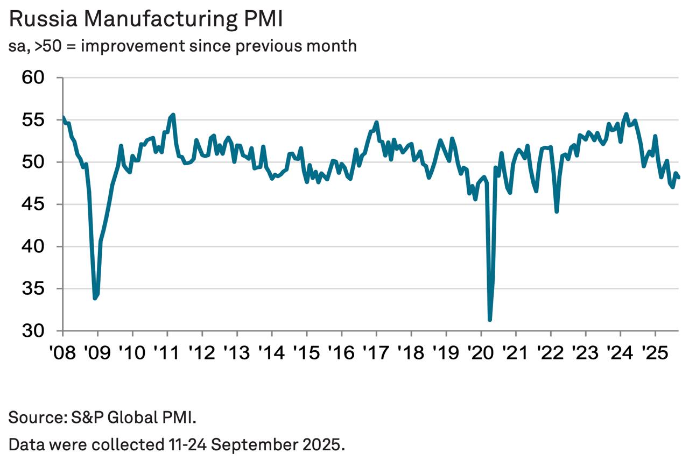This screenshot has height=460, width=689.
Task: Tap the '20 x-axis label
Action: click(481, 352)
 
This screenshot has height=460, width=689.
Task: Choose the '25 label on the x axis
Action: click(655, 352)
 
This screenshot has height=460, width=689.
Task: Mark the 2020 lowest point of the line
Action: click(489, 320)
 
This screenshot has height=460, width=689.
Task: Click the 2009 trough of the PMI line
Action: click(95, 298)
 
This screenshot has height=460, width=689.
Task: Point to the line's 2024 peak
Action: click(626, 114)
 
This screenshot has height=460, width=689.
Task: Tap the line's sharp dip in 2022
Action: click(557, 211)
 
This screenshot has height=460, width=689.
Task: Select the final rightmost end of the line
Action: click(679, 177)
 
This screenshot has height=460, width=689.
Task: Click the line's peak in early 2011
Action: click(173, 115)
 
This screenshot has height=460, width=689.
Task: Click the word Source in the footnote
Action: click(34, 417)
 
